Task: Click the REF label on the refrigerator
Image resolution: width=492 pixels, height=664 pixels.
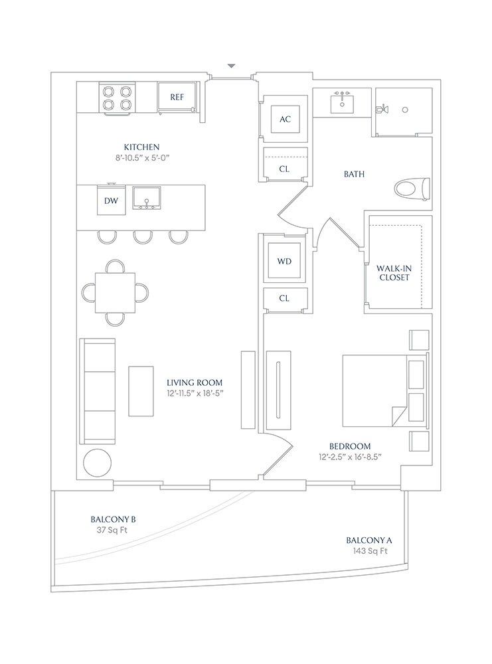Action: coord(177,98)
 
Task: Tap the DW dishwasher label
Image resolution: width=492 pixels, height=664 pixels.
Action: coord(111,201)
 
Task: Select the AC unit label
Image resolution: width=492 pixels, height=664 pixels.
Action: coord(285,120)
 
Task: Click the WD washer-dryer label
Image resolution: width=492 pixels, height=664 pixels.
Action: coord(284,261)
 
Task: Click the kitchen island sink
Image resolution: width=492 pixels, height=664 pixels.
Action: coord(147,198)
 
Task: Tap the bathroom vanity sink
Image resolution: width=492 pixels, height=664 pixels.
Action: coord(342,102)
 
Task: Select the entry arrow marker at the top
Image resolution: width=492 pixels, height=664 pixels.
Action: coord(231,66)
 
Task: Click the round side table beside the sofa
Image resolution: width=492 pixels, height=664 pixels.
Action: coord(98,463)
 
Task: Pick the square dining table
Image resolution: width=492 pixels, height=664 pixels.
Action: coord(115,293)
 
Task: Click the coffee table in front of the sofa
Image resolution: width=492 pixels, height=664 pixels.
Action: coord(141,391)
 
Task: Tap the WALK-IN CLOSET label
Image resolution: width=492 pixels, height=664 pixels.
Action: coord(394,273)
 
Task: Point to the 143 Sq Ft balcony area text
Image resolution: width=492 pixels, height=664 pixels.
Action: coord(370,551)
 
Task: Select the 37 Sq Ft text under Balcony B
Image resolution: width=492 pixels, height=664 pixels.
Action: coord(112,530)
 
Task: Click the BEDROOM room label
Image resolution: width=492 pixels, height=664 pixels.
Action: coord(350,446)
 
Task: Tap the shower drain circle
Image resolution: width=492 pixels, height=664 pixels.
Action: coord(405,110)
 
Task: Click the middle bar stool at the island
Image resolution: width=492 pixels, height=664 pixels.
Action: coord(143,237)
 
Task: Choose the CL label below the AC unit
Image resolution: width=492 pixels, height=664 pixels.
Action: coord(284,169)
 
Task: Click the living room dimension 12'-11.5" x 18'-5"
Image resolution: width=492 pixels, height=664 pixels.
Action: coord(195,393)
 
